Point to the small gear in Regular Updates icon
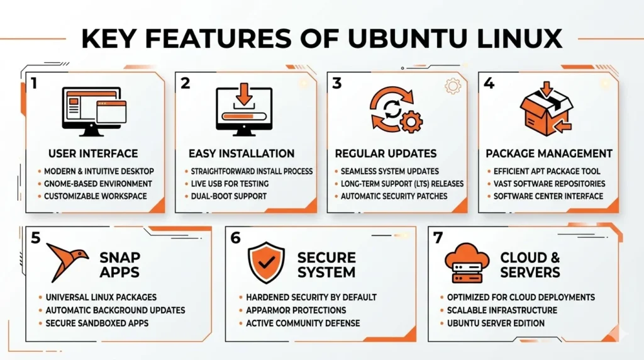(x=412, y=121)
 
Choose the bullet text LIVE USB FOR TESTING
(x=230, y=184)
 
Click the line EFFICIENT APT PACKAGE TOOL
(x=547, y=171)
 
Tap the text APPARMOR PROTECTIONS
(x=296, y=310)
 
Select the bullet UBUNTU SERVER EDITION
(x=496, y=323)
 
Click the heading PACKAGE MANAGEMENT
(x=549, y=154)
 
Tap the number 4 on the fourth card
(x=489, y=83)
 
